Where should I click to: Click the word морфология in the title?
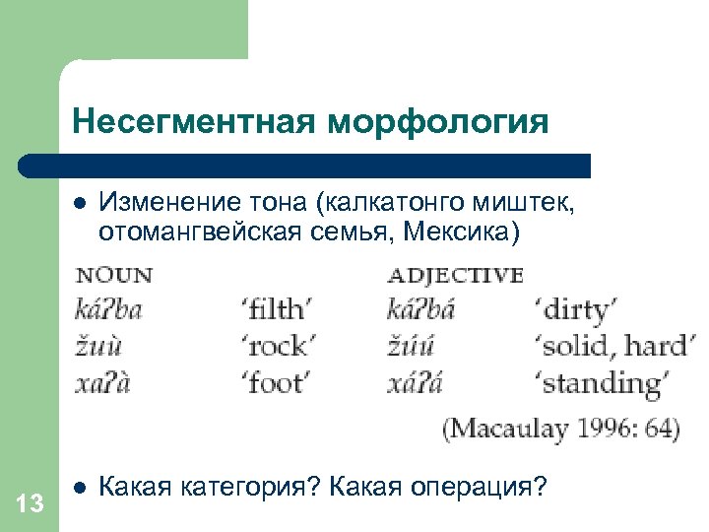coord(438,121)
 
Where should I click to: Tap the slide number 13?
coord(31,504)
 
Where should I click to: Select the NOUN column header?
coord(114,275)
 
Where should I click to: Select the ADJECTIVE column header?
coord(456,275)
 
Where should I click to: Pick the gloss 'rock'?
coord(278,346)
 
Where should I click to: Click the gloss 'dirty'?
coord(577,310)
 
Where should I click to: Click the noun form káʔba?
coord(109,310)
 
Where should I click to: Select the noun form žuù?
coord(97,346)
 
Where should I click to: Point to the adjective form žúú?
coord(413,346)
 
